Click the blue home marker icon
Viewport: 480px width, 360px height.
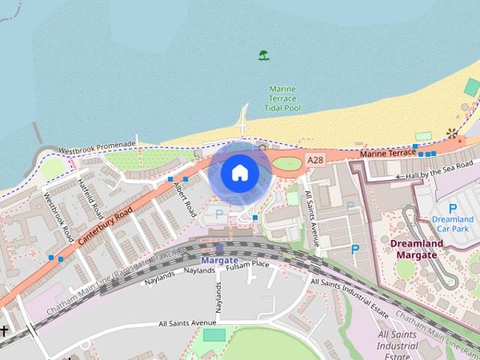click(239, 172)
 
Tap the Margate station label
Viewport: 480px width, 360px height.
click(219, 260)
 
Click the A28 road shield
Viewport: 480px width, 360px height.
click(315, 160)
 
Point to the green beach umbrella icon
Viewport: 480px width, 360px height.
click(263, 55)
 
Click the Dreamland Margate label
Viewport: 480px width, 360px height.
click(416, 249)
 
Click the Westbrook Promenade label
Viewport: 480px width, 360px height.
click(97, 145)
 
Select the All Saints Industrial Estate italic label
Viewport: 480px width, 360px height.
click(397, 346)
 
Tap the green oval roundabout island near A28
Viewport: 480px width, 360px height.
click(286, 163)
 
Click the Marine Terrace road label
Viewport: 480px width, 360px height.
click(387, 153)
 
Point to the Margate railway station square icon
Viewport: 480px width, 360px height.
click(219, 248)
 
